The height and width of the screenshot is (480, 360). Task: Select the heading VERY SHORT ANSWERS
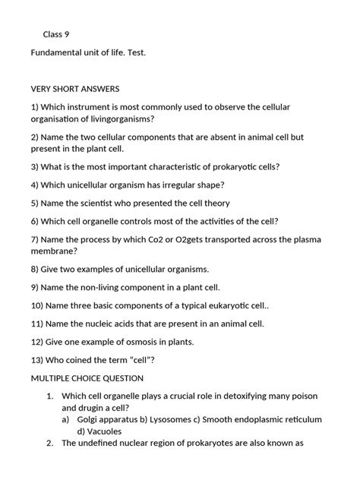click(75, 89)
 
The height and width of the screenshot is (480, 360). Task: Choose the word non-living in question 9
click(107, 288)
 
